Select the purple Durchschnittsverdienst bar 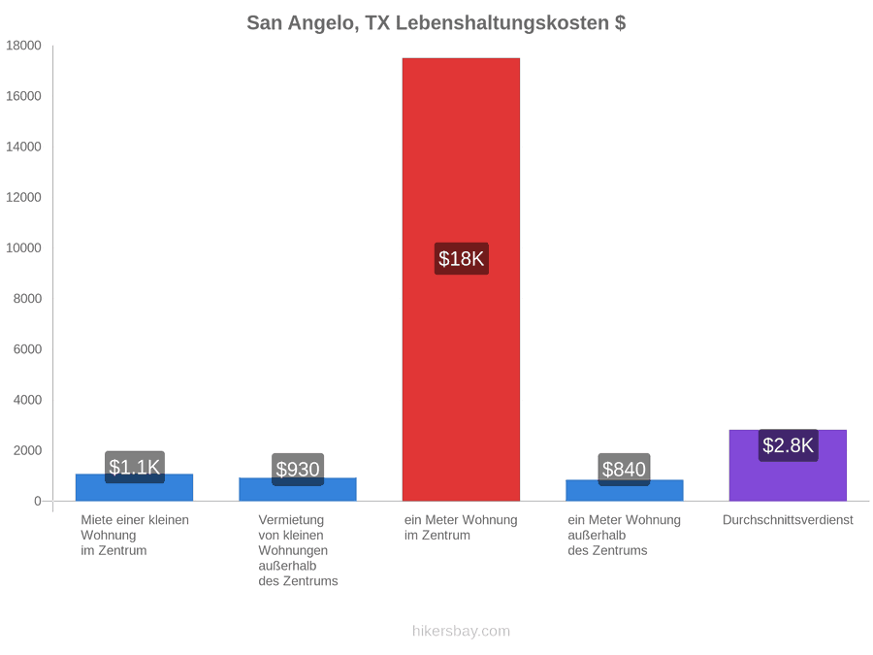click(788, 465)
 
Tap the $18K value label click(462, 258)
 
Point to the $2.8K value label click(789, 445)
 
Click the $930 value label click(298, 469)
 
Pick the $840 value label click(624, 469)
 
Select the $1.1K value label click(135, 467)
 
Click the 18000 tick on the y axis click(23, 45)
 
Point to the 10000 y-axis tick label click(23, 247)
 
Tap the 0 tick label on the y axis click(37, 501)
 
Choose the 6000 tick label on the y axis click(27, 349)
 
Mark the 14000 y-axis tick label click(23, 147)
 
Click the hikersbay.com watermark click(461, 631)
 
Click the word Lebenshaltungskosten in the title click(502, 23)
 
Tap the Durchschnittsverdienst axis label click(788, 520)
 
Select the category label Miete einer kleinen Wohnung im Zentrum click(135, 535)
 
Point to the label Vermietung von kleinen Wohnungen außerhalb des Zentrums click(298, 550)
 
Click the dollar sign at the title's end click(620, 23)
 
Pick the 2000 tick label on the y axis click(27, 450)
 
